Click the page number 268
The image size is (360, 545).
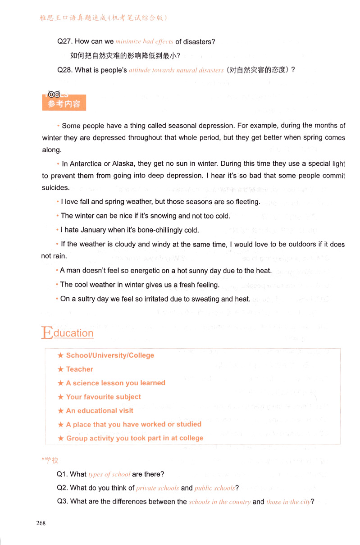pyautogui.click(x=41, y=523)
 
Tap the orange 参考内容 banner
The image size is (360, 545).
pyautogui.click(x=64, y=104)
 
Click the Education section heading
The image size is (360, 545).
pyautogui.click(x=68, y=333)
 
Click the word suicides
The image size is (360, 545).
pyautogui.click(x=56, y=188)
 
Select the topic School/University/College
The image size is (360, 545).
pyautogui.click(x=110, y=355)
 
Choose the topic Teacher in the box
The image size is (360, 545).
pyautogui.click(x=79, y=369)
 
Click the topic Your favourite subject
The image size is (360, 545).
pyautogui.click(x=103, y=397)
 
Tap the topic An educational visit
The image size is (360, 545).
pyautogui.click(x=100, y=411)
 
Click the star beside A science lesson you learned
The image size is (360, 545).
pyautogui.click(x=60, y=383)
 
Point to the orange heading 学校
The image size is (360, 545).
pyautogui.click(x=51, y=460)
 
